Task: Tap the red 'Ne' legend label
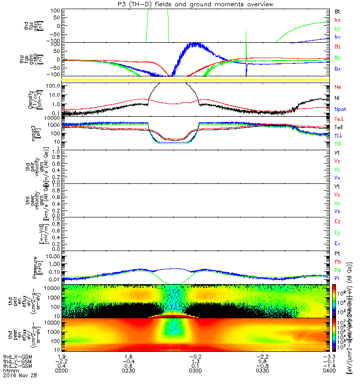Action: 337,87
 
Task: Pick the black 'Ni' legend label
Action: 337,98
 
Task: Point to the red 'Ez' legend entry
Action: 337,222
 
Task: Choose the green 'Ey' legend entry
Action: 337,233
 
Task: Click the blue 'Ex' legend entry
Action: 337,244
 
